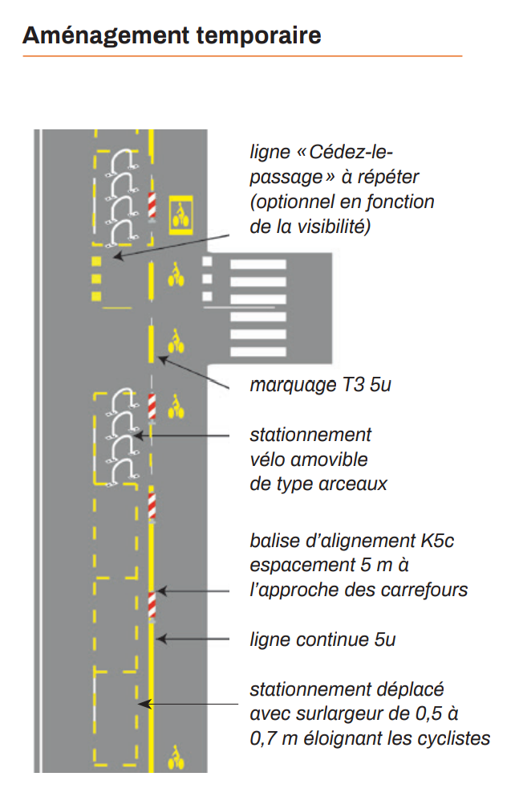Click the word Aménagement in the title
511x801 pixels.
click(x=106, y=36)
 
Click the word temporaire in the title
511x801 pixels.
click(x=259, y=36)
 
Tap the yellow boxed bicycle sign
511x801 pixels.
click(x=181, y=215)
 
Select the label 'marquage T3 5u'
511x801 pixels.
click(x=320, y=385)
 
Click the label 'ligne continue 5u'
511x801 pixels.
click(x=322, y=639)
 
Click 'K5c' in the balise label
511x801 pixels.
click(x=437, y=541)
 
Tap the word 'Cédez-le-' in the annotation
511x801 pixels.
click(x=351, y=152)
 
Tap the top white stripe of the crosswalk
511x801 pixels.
click(x=258, y=264)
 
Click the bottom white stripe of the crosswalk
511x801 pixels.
click(x=258, y=351)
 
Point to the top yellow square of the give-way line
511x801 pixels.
click(x=96, y=262)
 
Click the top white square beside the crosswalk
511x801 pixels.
click(x=207, y=262)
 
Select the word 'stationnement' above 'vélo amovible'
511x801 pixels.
click(x=310, y=435)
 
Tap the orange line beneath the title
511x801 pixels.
click(x=242, y=55)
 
